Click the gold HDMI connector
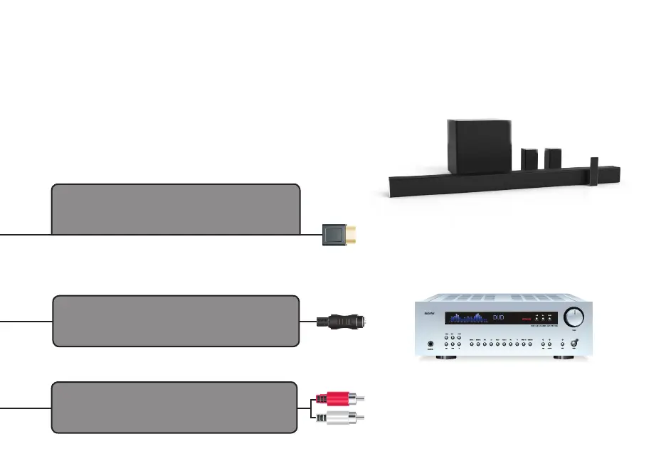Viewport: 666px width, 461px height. pyautogui.click(x=339, y=234)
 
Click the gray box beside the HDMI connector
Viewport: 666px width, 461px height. pyautogui.click(x=175, y=208)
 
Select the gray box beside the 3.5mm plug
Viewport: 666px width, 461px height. pyautogui.click(x=175, y=321)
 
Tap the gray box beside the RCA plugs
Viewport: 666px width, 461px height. pyautogui.click(x=174, y=407)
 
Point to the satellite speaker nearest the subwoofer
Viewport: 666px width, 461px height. pyautogui.click(x=529, y=159)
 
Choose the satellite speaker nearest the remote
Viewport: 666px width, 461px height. pyautogui.click(x=553, y=158)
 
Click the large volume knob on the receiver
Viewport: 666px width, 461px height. pyautogui.click(x=574, y=317)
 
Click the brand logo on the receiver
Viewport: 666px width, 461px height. pyautogui.click(x=427, y=314)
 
